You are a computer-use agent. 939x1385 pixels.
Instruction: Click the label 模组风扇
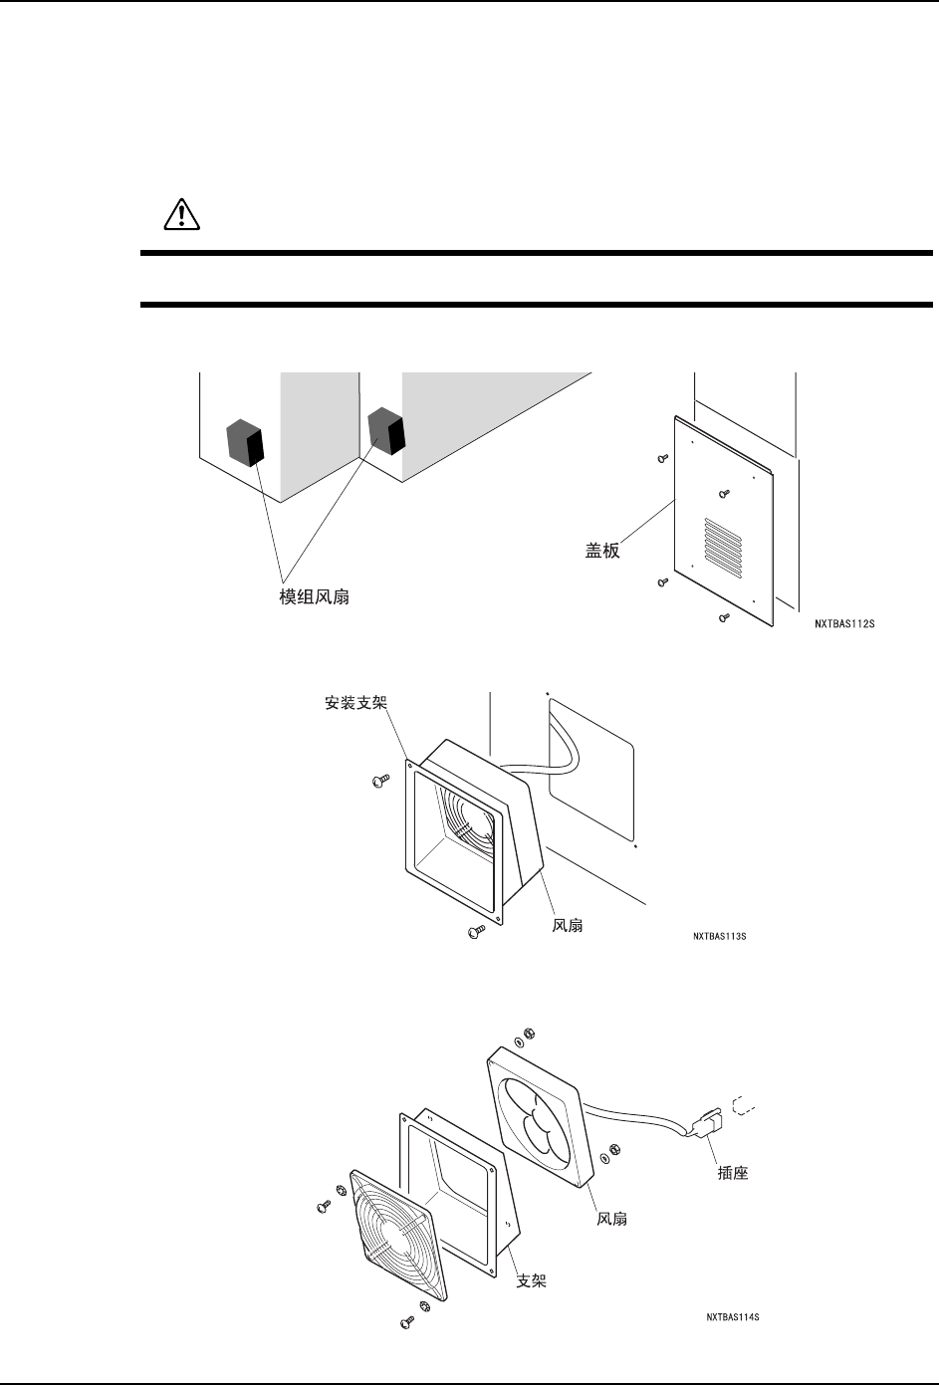314,598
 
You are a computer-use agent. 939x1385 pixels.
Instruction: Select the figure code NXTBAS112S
844,626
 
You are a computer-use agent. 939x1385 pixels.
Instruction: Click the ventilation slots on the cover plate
724,548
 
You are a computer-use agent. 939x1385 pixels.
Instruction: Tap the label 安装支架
355,703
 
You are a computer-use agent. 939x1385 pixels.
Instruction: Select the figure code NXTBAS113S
720,937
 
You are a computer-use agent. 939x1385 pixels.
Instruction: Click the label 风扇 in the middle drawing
568,926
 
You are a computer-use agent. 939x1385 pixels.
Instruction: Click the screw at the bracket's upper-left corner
378,784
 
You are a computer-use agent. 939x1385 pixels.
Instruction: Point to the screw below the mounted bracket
474,932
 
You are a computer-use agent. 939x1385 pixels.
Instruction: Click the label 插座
732,1174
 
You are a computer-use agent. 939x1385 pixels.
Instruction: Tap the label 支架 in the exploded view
531,1281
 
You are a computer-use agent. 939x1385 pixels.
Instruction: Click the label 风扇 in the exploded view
611,1219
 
